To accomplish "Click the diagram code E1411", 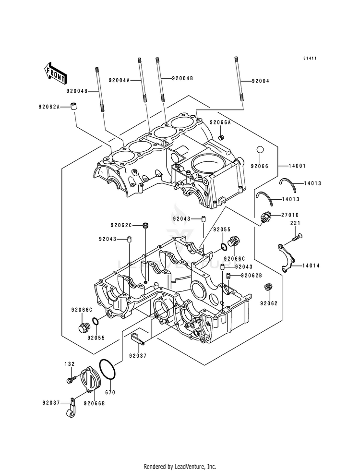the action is (x=310, y=58).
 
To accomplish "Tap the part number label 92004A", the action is (x=119, y=80).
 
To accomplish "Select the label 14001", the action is (x=297, y=166).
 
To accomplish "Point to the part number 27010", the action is (x=290, y=215).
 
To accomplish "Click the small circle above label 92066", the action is (x=260, y=150).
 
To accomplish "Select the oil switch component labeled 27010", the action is (x=265, y=217).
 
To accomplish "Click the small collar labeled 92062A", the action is (x=74, y=106).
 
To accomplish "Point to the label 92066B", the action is (x=95, y=403).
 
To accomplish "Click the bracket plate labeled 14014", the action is (x=286, y=257).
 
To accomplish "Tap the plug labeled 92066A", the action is (x=222, y=137).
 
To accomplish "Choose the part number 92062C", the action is (x=121, y=225).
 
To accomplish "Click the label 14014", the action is (x=311, y=266).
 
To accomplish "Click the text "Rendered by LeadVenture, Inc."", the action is (x=180, y=466).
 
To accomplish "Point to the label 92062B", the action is (x=252, y=275).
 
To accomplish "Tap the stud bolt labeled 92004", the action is (x=239, y=80).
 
